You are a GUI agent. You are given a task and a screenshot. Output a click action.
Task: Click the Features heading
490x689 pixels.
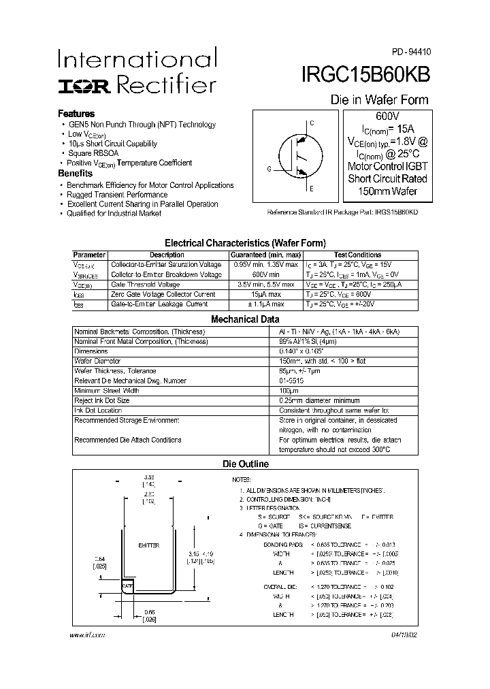pyautogui.click(x=76, y=114)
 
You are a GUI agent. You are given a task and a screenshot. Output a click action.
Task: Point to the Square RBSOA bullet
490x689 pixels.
pyautogui.click(x=93, y=153)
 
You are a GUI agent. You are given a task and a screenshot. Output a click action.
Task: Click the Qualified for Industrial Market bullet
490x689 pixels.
pyautogui.click(x=114, y=214)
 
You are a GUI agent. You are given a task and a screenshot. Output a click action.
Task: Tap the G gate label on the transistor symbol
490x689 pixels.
pyautogui.click(x=269, y=169)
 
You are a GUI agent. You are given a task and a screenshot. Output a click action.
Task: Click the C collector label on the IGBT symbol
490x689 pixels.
pyautogui.click(x=312, y=123)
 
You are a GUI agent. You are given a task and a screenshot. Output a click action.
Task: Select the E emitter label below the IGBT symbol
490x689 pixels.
pyautogui.click(x=312, y=189)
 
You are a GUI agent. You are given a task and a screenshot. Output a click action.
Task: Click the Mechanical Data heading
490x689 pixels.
pyautogui.click(x=245, y=319)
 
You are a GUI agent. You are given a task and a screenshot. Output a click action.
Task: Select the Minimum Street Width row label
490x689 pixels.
pyautogui.click(x=107, y=391)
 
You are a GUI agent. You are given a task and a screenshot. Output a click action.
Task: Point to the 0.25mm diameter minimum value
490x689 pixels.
pyautogui.click(x=319, y=401)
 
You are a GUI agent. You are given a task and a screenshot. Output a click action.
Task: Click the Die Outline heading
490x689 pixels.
pyautogui.click(x=246, y=464)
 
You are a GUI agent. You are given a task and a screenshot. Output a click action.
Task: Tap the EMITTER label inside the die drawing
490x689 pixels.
pyautogui.click(x=148, y=545)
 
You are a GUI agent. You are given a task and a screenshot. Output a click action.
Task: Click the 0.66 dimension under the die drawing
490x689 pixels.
pyautogui.click(x=150, y=611)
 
